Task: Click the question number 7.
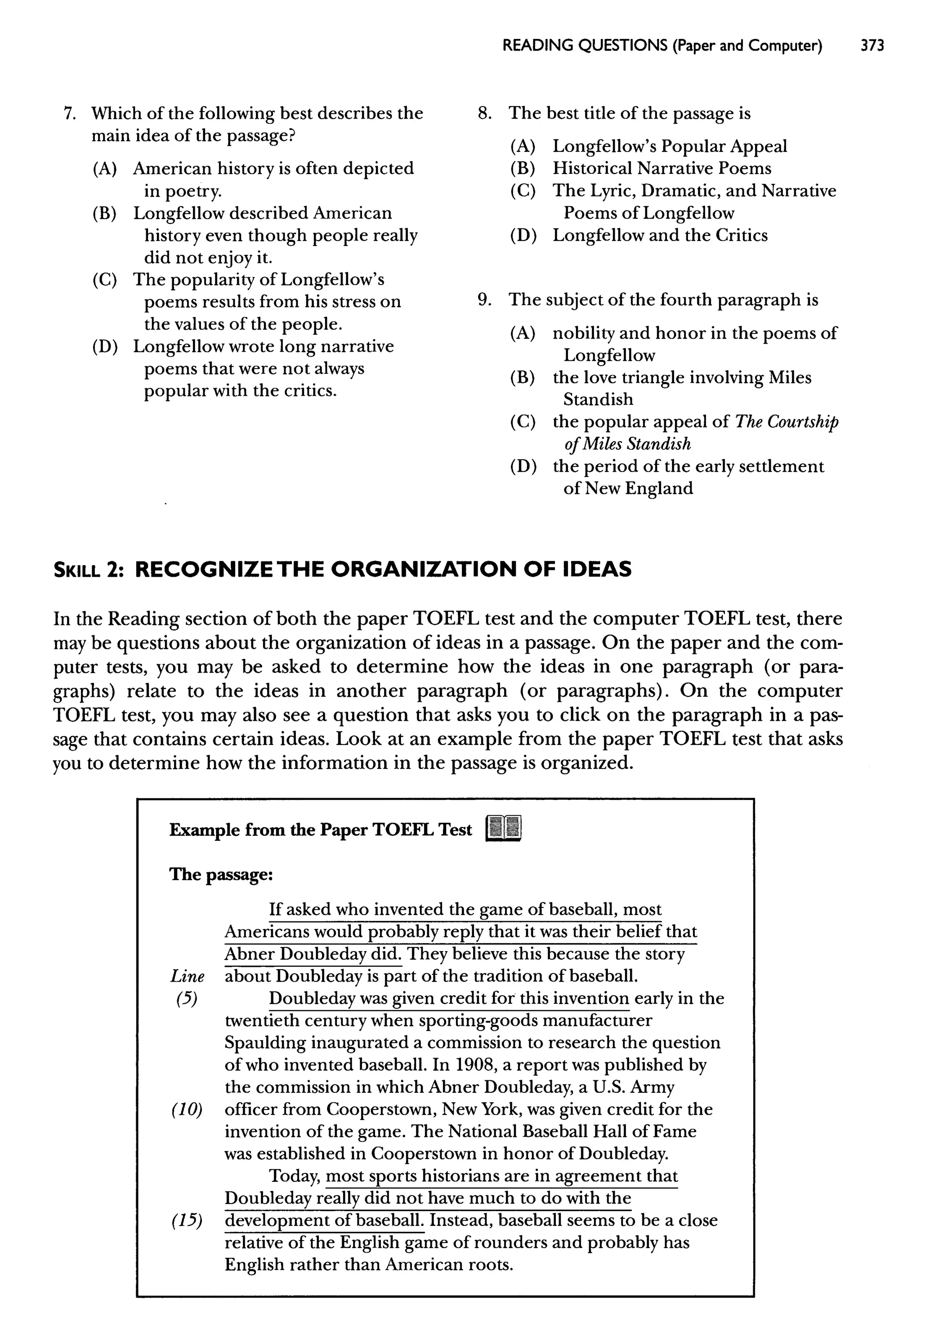tap(69, 114)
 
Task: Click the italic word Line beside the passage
tap(187, 976)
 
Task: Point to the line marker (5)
tap(186, 999)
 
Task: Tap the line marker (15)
tap(187, 1221)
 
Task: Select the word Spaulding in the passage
tap(265, 1043)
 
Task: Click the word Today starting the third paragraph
tap(294, 1176)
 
